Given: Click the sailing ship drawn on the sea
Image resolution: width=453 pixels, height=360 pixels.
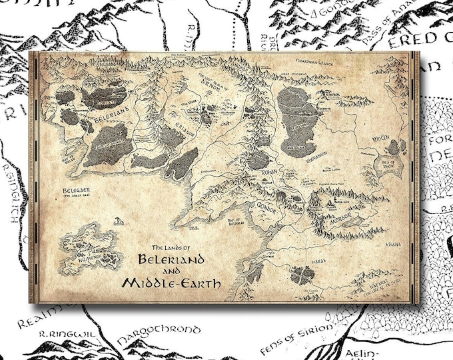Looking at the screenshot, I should (x=118, y=220).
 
